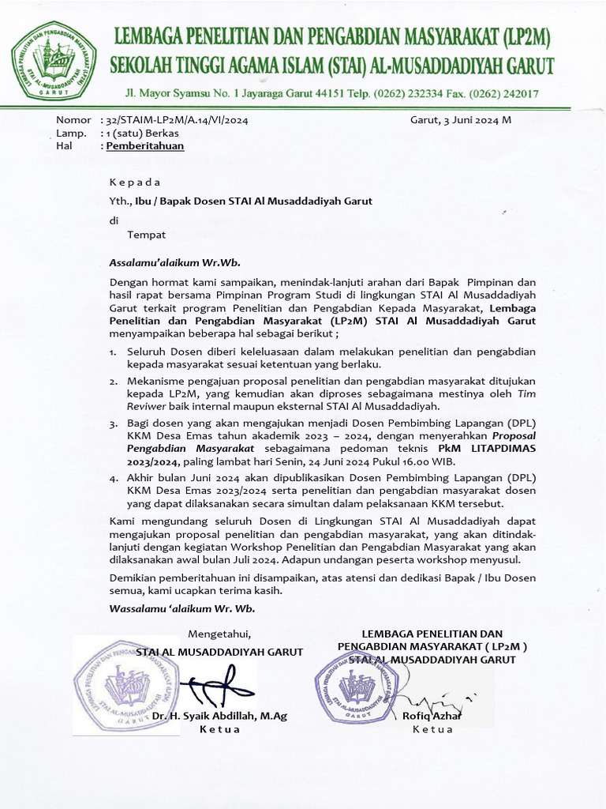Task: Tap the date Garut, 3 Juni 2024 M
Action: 461,121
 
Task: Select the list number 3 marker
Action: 113,424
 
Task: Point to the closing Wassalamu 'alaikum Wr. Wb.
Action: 181,608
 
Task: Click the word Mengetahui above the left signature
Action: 219,634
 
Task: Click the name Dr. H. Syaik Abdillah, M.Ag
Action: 219,716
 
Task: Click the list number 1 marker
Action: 113,352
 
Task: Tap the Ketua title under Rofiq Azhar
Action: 433,729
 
